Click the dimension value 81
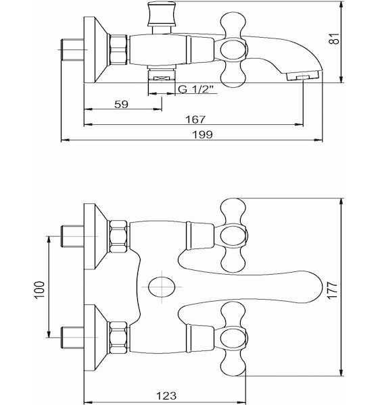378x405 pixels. pyautogui.click(x=335, y=38)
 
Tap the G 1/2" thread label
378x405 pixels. pyautogui.click(x=196, y=89)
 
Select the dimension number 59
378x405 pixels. pyautogui.click(x=121, y=105)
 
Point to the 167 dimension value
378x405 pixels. pyautogui.click(x=195, y=119)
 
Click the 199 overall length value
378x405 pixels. pyautogui.click(x=203, y=134)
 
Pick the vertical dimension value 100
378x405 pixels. pyautogui.click(x=39, y=290)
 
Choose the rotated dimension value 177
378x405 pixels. pyautogui.click(x=332, y=290)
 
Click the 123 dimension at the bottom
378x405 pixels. pyautogui.click(x=166, y=396)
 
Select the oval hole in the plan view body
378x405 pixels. pyautogui.click(x=162, y=287)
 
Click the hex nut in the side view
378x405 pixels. pyautogui.click(x=118, y=49)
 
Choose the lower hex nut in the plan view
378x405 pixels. pyautogui.click(x=119, y=337)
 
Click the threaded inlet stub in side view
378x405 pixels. pyautogui.click(x=72, y=49)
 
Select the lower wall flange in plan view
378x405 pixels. pyautogui.click(x=95, y=337)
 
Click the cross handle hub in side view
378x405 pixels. pyautogui.click(x=234, y=49)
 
